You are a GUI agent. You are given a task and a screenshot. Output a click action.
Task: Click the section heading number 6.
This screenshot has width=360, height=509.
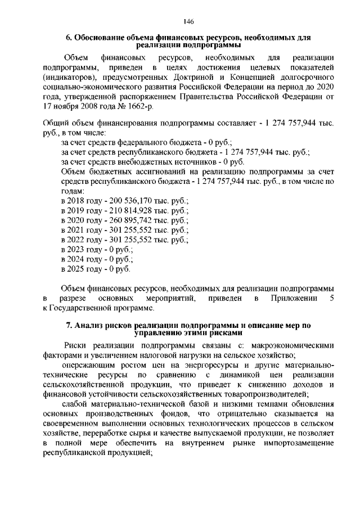pos(69,38)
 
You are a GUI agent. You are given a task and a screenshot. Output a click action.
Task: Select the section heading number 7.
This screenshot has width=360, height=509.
pos(69,325)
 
